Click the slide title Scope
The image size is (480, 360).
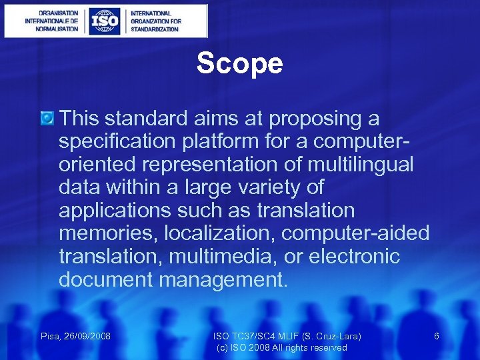239,64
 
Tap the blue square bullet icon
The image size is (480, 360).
47,119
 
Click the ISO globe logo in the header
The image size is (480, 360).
105,21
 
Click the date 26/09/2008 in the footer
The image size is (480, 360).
86,337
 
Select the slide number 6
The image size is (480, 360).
437,337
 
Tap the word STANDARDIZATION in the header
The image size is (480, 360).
155,29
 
